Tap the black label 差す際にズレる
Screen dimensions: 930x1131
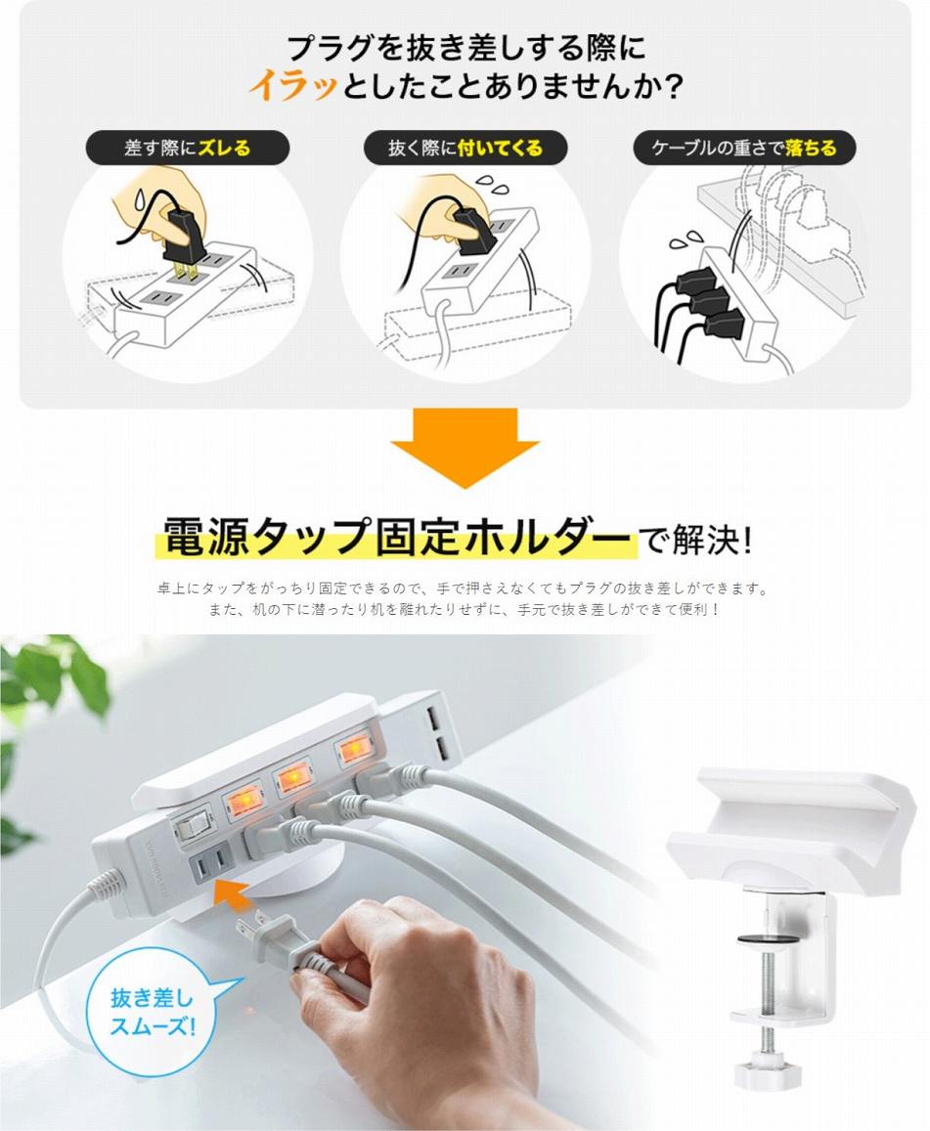(188, 149)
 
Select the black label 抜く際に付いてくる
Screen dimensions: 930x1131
(465, 149)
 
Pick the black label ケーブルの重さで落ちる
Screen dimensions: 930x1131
(744, 149)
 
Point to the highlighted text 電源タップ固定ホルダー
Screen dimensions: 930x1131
(396, 538)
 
